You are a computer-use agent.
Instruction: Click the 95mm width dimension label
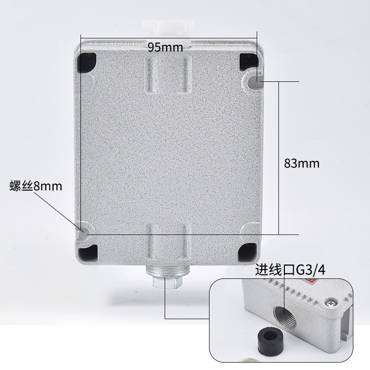(x=166, y=48)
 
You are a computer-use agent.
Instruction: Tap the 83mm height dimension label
(x=302, y=163)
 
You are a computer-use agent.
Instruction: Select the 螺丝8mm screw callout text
(x=36, y=186)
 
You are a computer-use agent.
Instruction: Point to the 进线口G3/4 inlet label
(x=290, y=270)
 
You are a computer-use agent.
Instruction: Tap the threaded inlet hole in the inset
(x=285, y=316)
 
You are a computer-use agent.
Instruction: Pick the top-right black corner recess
(x=248, y=62)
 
